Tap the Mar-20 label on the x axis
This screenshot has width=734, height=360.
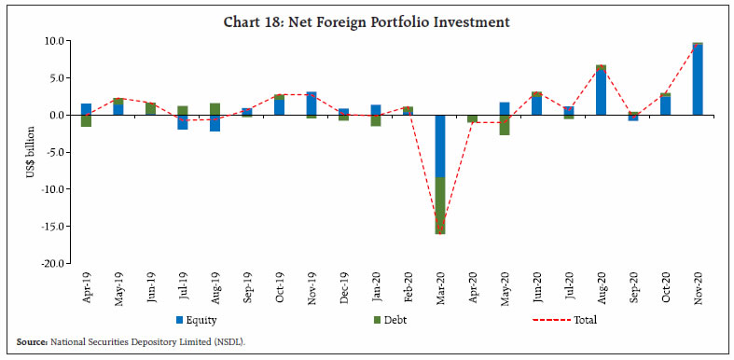tap(439, 286)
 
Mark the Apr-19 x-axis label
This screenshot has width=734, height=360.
tap(86, 286)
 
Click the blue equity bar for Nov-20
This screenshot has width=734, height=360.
tap(698, 80)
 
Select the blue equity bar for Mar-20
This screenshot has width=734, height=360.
tap(439, 145)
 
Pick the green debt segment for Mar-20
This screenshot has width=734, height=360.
tap(439, 205)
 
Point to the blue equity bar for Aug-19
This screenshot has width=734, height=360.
tap(215, 123)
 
